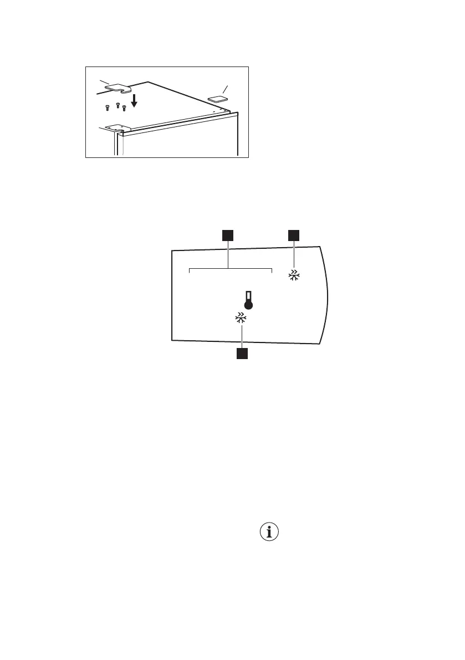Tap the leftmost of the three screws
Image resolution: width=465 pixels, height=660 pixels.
pyautogui.click(x=108, y=108)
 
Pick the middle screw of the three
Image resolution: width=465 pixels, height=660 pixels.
pyautogui.click(x=117, y=104)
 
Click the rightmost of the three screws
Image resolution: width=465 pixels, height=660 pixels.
pyautogui.click(x=124, y=107)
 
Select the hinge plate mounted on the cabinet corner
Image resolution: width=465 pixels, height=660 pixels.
pyautogui.click(x=117, y=128)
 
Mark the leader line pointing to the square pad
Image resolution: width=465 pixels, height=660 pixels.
pyautogui.click(x=225, y=89)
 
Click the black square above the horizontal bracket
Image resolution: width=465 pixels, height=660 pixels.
pyautogui.click(x=227, y=236)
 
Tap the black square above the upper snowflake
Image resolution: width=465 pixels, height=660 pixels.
pyautogui.click(x=293, y=236)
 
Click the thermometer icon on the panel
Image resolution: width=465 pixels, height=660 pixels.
pyautogui.click(x=248, y=299)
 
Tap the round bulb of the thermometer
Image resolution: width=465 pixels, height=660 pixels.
pyautogui.click(x=248, y=305)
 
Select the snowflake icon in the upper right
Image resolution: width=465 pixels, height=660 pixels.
pyautogui.click(x=293, y=275)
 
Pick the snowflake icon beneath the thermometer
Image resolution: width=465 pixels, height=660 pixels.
pyautogui.click(x=241, y=318)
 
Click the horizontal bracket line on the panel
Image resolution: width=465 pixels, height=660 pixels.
pyautogui.click(x=231, y=270)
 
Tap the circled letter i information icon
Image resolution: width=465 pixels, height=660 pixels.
pyautogui.click(x=269, y=533)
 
